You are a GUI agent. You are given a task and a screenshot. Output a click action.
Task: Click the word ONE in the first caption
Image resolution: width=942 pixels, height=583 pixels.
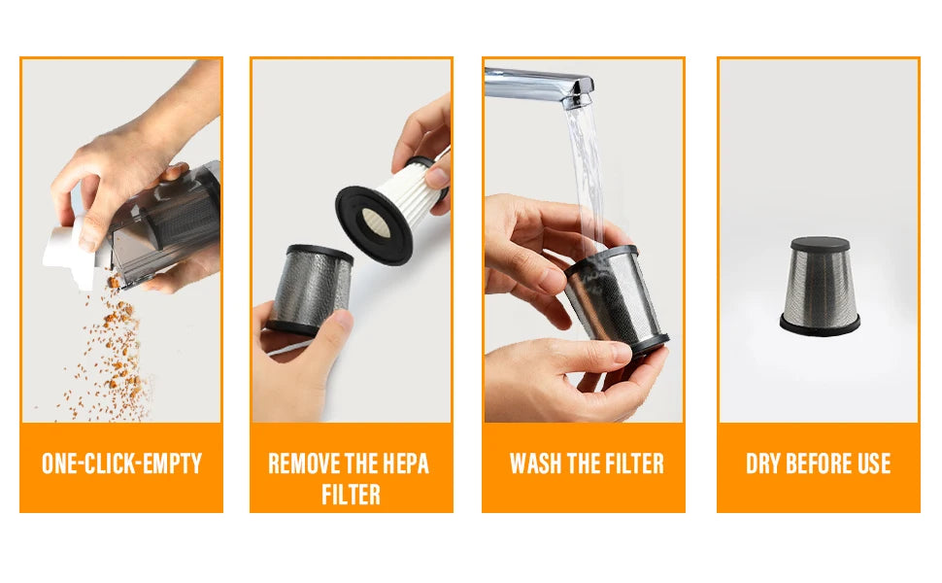[61, 463]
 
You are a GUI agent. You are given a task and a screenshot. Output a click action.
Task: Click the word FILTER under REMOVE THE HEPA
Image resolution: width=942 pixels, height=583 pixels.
[351, 495]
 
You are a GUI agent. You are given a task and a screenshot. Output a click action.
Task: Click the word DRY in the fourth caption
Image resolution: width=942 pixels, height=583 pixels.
[764, 463]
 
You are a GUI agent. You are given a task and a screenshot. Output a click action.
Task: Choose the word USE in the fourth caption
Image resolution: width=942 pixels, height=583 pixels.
[872, 463]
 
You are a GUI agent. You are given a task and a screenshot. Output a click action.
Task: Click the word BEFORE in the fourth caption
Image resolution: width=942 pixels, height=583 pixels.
[820, 463]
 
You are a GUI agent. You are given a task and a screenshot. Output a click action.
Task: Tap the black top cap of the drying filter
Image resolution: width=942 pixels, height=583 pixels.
[820, 244]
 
